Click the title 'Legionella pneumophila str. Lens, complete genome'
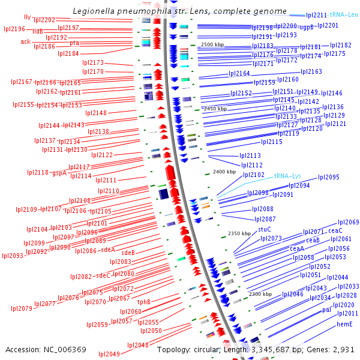tap(180, 11)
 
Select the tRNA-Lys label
tap(287, 176)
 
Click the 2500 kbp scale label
tap(212, 45)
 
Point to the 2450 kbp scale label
tap(215, 109)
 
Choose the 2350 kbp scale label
tap(238, 233)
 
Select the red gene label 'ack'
tap(25, 41)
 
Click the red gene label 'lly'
tap(27, 17)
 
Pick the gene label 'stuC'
tap(265, 229)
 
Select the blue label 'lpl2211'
tap(316, 15)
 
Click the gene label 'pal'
tap(326, 310)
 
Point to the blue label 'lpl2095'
tap(329, 177)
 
